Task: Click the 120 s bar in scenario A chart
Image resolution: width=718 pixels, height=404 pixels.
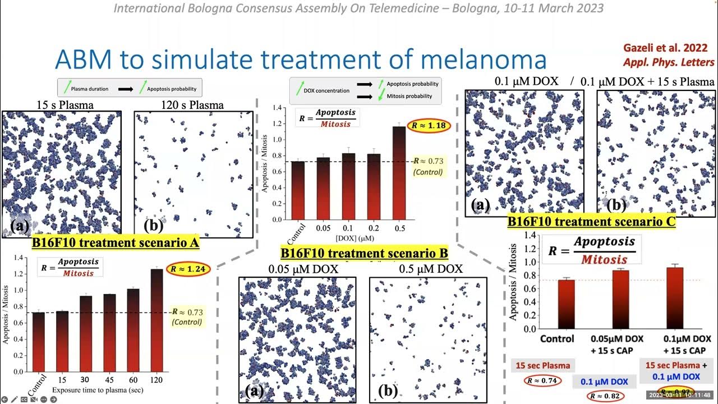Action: [x=158, y=320]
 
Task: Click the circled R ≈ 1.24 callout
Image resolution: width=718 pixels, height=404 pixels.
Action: [x=188, y=269]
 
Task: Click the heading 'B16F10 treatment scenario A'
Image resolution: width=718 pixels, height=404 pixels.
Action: [x=116, y=243]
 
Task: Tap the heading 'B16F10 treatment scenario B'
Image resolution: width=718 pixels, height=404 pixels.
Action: [x=364, y=254]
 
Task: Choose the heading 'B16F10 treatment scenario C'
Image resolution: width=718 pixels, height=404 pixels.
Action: [x=591, y=221]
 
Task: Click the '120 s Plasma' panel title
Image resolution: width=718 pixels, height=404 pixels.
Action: [x=193, y=105]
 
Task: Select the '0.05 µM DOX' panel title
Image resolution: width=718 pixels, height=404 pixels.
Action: [x=303, y=269]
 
